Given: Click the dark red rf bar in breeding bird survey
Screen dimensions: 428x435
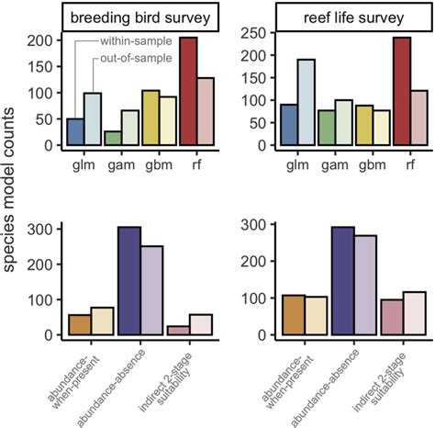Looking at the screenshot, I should click(x=188, y=91).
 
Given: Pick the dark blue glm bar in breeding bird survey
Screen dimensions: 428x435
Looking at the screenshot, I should click(x=50, y=131).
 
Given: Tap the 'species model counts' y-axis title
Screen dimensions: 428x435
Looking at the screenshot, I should click(x=11, y=211).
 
